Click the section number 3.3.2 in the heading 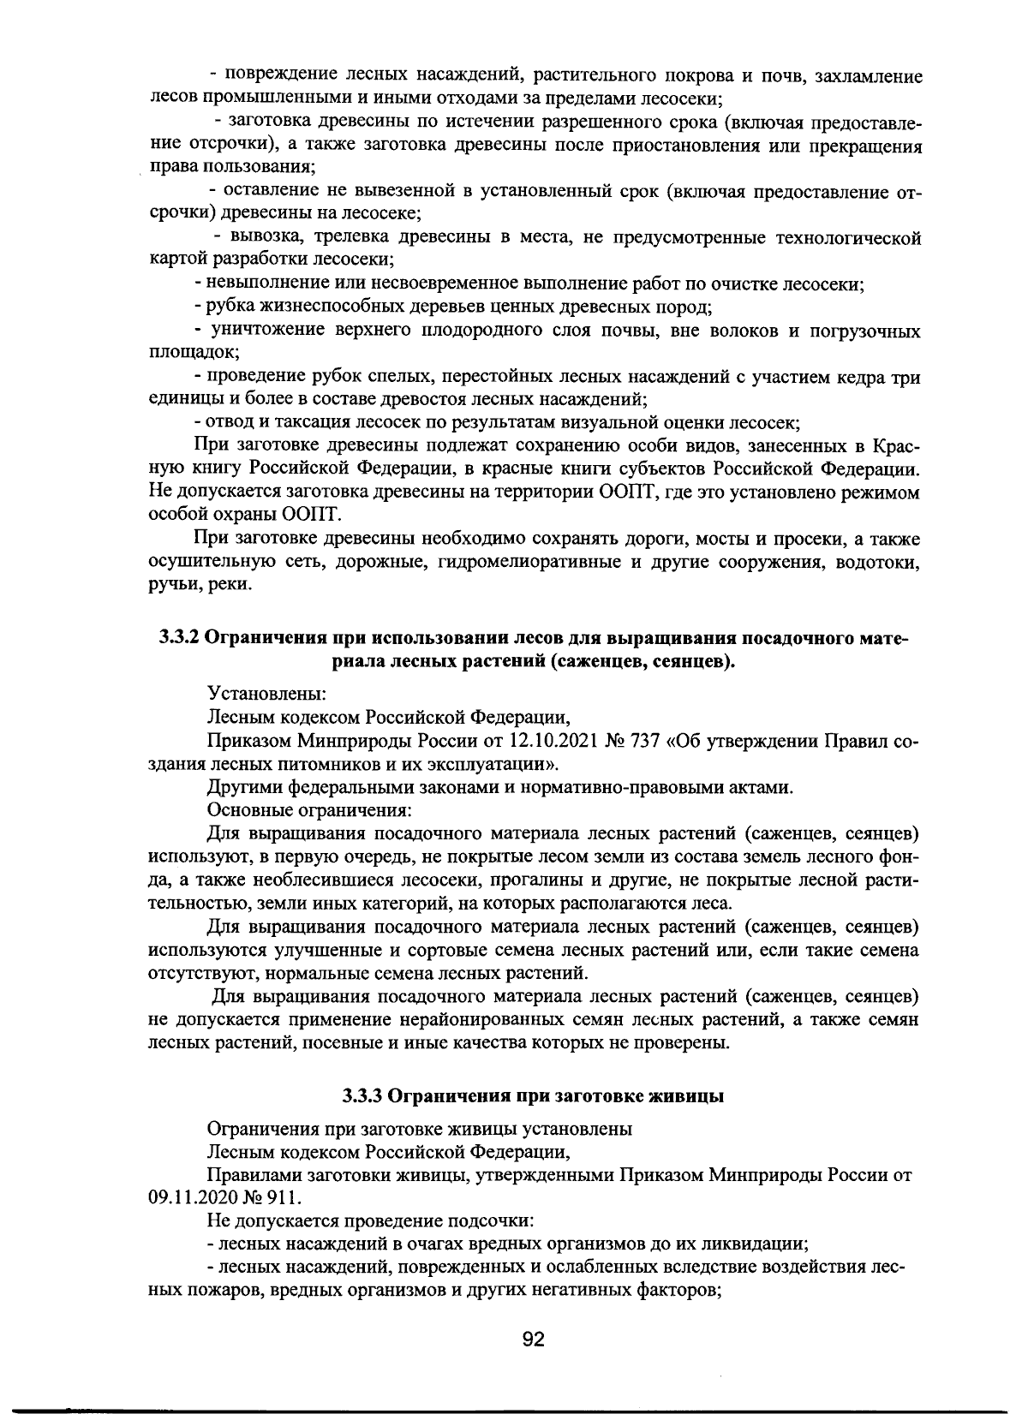click(x=178, y=638)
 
